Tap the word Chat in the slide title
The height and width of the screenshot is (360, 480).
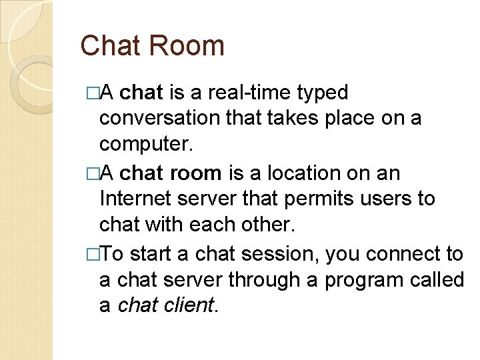[111, 46]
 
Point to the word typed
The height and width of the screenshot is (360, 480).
[324, 93]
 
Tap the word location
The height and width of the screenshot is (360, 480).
[300, 173]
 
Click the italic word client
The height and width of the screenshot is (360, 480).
[190, 306]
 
